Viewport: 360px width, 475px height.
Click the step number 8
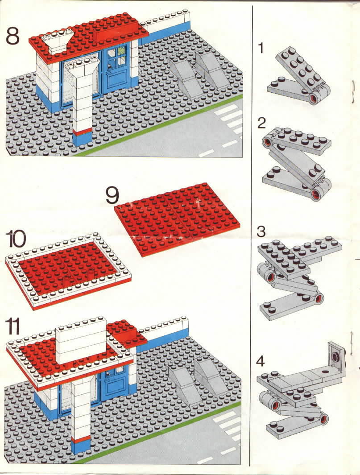tap(12, 36)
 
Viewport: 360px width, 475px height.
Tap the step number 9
tap(112, 195)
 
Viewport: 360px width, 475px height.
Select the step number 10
tap(16, 240)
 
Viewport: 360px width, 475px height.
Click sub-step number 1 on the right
tap(261, 49)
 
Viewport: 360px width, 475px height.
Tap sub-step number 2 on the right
tap(261, 123)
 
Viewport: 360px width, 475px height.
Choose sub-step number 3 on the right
tap(261, 232)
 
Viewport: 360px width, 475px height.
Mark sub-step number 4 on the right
tap(261, 361)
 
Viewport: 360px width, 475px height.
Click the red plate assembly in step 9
tap(177, 219)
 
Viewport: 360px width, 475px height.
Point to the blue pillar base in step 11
tap(81, 446)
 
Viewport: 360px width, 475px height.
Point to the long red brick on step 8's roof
tap(117, 32)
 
